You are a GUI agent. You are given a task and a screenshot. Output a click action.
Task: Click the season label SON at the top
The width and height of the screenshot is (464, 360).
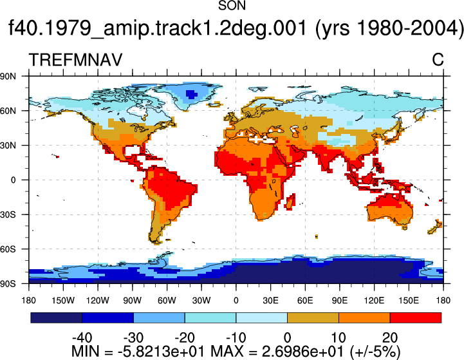(232, 5)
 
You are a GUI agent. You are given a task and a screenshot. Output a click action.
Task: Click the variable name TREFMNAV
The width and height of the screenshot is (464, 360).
(75, 60)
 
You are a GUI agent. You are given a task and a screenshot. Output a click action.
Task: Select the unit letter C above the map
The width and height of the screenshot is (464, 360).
(438, 60)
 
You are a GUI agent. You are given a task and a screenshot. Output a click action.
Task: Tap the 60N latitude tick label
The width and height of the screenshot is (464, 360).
(8, 111)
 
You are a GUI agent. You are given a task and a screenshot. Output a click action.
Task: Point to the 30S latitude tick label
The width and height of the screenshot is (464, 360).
(8, 214)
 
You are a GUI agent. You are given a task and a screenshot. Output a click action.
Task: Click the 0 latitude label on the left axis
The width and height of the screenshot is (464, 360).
(13, 180)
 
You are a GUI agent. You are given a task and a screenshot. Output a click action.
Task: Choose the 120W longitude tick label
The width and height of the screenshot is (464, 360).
(98, 301)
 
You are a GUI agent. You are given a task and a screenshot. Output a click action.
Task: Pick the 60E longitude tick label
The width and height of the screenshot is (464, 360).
(305, 301)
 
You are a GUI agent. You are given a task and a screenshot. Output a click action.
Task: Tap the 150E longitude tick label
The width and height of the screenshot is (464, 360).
(409, 301)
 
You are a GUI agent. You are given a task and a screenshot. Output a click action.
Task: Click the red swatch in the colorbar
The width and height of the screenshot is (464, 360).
(416, 317)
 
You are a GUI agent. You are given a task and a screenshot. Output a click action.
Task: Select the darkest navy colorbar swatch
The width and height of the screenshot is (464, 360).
(56, 317)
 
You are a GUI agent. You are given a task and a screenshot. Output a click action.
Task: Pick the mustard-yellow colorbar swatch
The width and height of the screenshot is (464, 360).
(313, 317)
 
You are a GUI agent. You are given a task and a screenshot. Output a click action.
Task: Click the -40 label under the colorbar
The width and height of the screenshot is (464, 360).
(82, 337)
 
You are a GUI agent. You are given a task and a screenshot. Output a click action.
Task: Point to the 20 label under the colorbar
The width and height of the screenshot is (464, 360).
(390, 337)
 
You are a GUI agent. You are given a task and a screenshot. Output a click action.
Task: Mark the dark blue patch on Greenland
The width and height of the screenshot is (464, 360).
(191, 95)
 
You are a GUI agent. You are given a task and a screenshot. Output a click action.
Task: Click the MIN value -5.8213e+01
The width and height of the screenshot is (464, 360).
(161, 352)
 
